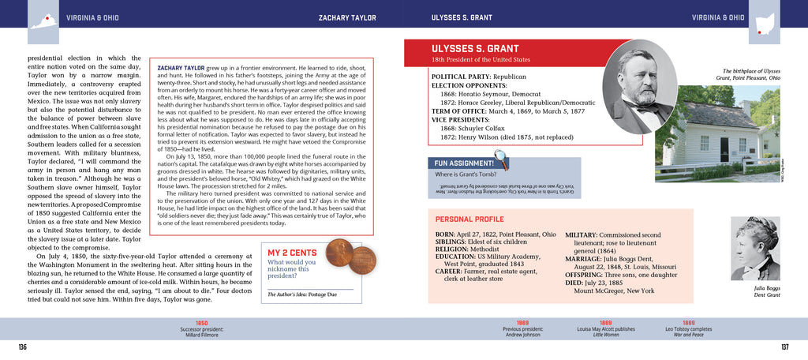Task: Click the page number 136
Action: tap(22, 346)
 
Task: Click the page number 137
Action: tap(784, 346)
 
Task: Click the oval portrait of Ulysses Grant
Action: tap(640, 87)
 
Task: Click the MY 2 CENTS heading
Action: tap(292, 253)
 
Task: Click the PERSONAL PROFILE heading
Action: tap(472, 219)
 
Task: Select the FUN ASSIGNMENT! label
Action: tap(469, 163)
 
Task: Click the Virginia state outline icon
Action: tap(44, 24)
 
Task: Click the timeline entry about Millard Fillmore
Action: tap(202, 328)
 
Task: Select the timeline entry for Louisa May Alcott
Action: tap(605, 328)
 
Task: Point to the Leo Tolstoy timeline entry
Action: tap(689, 328)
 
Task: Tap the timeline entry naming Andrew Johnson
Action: tap(522, 328)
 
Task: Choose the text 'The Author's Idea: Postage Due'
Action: tap(302, 294)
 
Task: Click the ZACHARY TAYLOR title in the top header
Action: tap(346, 17)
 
